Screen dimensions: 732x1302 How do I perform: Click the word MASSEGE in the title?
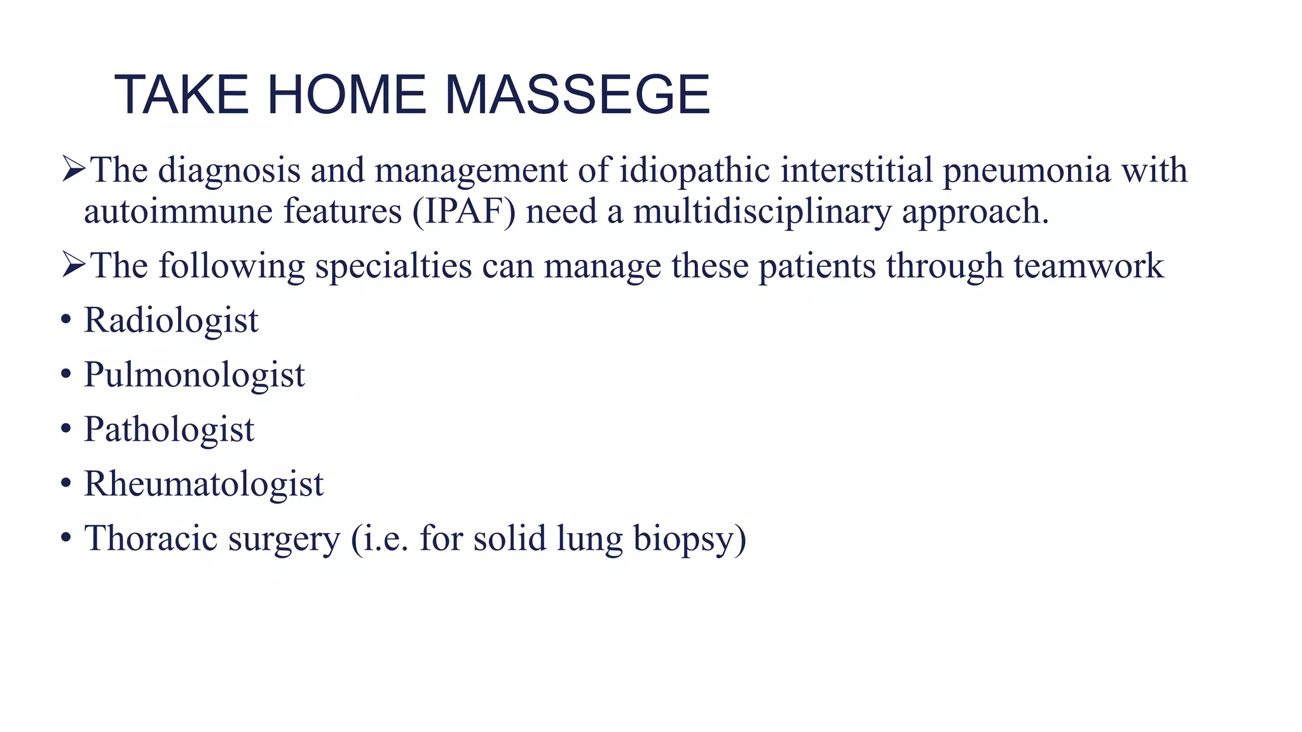[x=577, y=95]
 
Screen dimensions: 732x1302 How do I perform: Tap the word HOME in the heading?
[x=346, y=95]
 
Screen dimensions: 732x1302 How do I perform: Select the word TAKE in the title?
[x=181, y=95]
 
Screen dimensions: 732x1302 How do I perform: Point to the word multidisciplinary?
[x=762, y=212]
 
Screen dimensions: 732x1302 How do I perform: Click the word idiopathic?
[x=695, y=171]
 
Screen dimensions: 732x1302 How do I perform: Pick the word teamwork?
[x=1088, y=266]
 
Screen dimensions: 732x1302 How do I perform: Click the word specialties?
[x=394, y=266]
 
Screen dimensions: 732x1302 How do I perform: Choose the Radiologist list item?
[x=171, y=320]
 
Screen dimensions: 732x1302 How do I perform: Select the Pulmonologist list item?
[x=194, y=375]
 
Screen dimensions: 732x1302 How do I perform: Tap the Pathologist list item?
[x=169, y=430]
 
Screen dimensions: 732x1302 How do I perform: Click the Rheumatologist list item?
[x=203, y=484]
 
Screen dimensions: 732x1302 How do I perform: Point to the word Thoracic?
[x=151, y=539]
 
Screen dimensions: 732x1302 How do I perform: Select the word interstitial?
[x=856, y=171]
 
